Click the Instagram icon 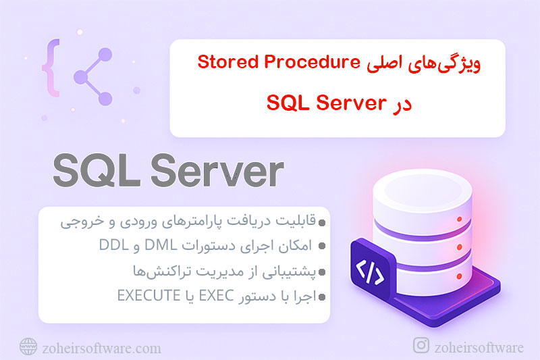[421, 346]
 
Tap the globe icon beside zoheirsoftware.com [28, 347]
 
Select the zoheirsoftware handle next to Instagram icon [479, 347]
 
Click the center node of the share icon [80, 76]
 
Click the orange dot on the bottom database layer [459, 278]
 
